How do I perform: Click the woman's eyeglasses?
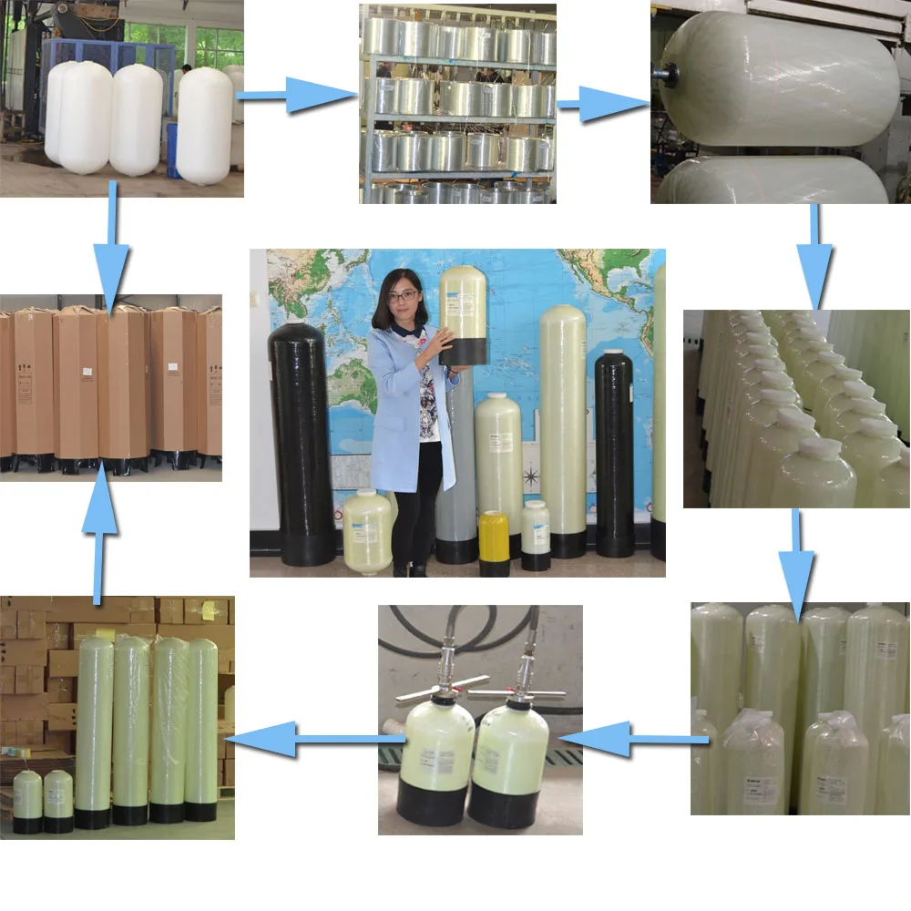[x=404, y=295]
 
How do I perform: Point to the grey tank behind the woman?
[x=455, y=474]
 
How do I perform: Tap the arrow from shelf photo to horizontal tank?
[x=601, y=105]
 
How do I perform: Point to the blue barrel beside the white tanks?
[x=171, y=150]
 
